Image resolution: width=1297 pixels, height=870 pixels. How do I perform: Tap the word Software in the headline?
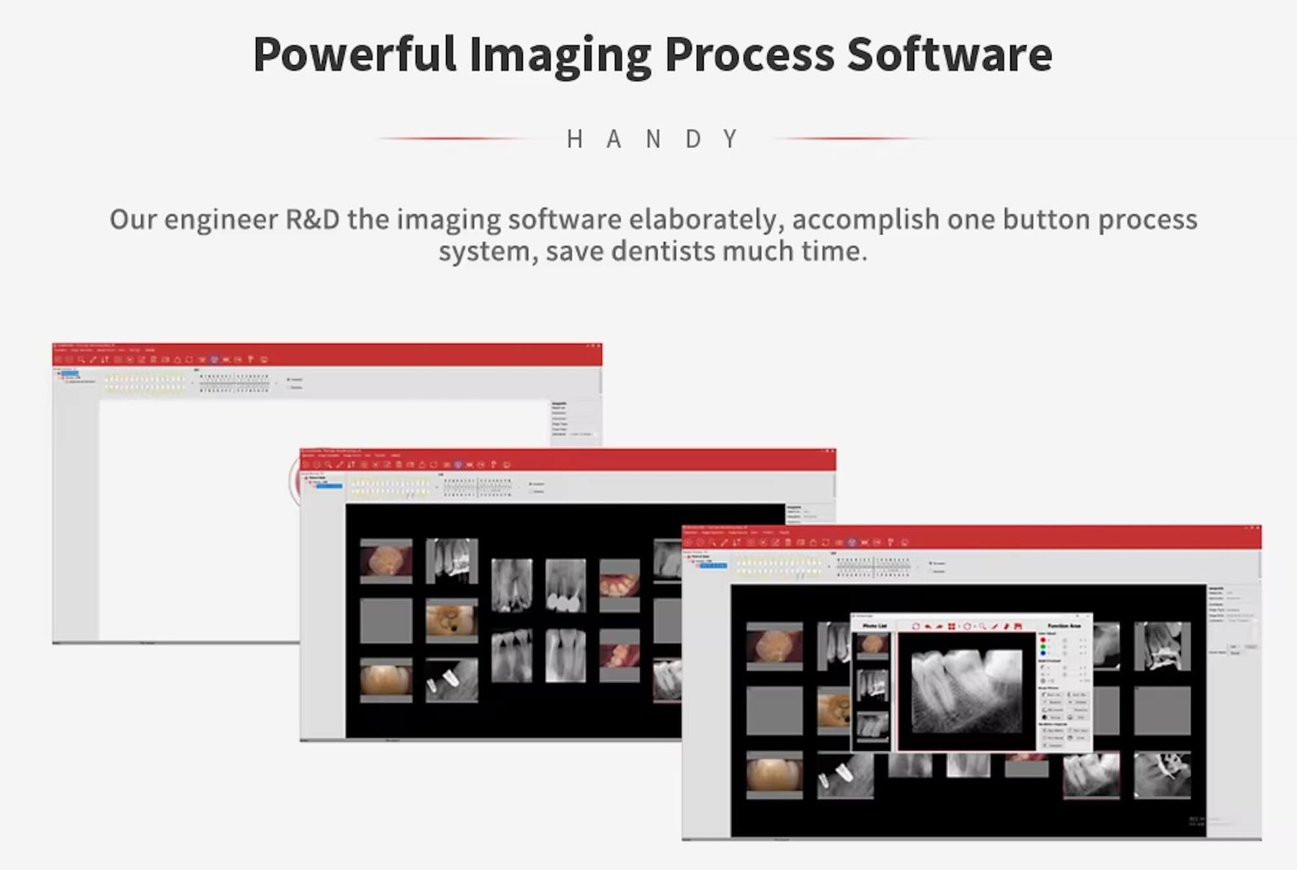point(949,55)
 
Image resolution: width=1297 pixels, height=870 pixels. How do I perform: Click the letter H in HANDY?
point(574,138)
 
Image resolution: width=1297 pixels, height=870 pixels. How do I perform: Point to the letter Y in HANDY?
point(731,138)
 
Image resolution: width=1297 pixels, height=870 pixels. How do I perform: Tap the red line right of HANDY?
point(850,138)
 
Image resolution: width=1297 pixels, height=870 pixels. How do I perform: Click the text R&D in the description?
point(313,219)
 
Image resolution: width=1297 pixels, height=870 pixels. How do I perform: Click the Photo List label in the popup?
point(874,626)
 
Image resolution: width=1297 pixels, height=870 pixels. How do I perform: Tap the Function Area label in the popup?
point(1064,626)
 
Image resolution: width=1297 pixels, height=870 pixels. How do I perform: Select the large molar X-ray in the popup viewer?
point(966,690)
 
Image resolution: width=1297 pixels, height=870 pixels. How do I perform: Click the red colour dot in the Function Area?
point(1043,640)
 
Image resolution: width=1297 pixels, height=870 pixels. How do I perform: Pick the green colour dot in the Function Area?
point(1043,647)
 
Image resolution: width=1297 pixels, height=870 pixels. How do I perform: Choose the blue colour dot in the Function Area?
point(1043,654)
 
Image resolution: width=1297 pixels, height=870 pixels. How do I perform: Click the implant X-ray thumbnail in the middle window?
point(452,679)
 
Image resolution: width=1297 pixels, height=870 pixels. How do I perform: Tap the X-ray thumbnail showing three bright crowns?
point(566,586)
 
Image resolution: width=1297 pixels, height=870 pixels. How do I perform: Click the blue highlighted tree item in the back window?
point(69,373)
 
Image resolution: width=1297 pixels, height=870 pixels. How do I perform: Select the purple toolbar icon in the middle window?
point(458,465)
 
